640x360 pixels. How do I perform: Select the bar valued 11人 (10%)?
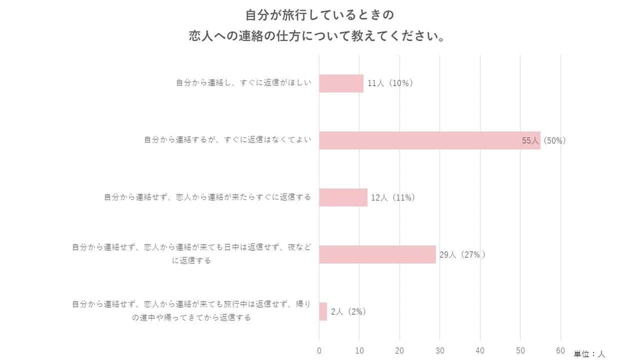tap(341, 83)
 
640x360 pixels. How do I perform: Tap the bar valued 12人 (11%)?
tap(343, 197)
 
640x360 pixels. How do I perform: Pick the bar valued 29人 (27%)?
tap(378, 254)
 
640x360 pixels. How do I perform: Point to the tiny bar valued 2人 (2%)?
tap(323, 311)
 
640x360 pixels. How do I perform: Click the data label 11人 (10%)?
tap(390, 83)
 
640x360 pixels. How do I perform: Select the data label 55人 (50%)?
tap(543, 141)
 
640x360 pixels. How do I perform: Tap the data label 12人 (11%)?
tap(393, 197)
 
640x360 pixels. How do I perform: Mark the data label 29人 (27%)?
tap(462, 254)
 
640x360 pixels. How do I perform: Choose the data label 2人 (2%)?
tap(348, 311)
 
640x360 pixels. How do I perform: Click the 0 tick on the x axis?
tap(319, 350)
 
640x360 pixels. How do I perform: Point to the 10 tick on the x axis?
tap(359, 350)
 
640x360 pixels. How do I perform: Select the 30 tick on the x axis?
tap(440, 350)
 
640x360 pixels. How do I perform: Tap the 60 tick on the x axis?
tap(561, 350)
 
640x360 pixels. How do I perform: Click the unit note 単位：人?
tap(589, 354)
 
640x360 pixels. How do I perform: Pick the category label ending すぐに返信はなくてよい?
tap(227, 140)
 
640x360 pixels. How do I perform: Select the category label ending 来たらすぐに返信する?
tap(207, 197)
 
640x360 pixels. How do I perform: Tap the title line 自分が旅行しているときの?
tap(319, 14)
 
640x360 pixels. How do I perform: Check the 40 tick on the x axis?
tap(480, 350)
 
